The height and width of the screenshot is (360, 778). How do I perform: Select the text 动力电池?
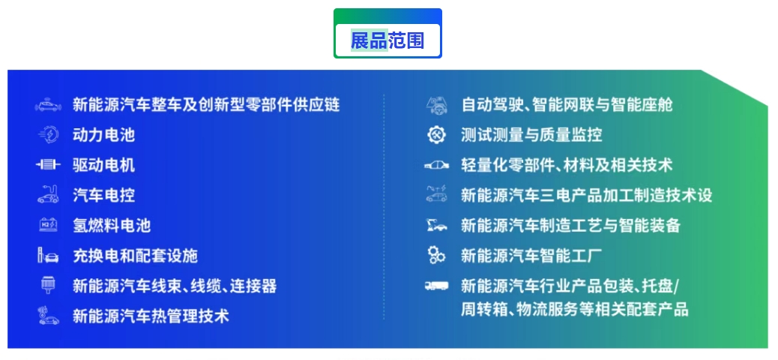click(x=103, y=135)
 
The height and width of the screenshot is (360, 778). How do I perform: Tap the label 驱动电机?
click(x=103, y=165)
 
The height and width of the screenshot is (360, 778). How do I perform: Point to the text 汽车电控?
click(x=103, y=195)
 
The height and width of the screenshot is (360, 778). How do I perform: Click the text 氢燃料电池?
click(x=112, y=226)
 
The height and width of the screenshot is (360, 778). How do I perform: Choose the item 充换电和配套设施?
click(x=135, y=256)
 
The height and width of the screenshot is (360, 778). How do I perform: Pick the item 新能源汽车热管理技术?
click(x=151, y=316)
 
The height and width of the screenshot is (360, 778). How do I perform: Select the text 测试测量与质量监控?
click(x=531, y=135)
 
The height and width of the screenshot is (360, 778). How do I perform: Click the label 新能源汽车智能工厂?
click(x=531, y=256)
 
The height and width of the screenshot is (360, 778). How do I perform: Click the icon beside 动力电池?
click(x=49, y=135)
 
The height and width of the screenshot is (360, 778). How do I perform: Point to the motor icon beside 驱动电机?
click(x=48, y=165)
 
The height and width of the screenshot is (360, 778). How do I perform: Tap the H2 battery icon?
click(x=48, y=226)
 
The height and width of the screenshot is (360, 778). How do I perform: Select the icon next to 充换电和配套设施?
click(x=48, y=256)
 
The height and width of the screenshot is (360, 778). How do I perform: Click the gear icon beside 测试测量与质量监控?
click(x=437, y=135)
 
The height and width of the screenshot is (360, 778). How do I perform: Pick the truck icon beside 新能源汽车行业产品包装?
click(x=437, y=286)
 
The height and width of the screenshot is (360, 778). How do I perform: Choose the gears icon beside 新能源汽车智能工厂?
click(x=437, y=255)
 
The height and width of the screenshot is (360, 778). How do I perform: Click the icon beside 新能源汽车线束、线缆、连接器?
click(x=48, y=286)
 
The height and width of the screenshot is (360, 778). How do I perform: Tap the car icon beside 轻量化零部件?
click(x=437, y=165)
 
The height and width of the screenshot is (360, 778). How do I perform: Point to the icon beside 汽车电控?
click(x=48, y=194)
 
